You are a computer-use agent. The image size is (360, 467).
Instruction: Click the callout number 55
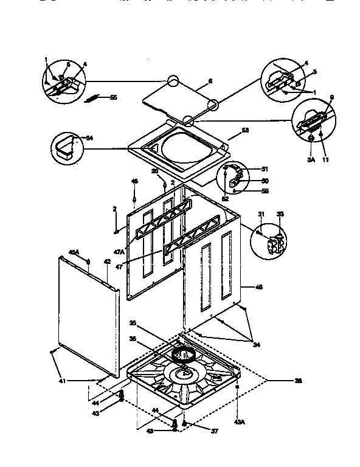pyautogui.click(x=113, y=97)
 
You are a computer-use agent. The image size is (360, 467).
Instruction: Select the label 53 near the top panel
pyautogui.click(x=246, y=130)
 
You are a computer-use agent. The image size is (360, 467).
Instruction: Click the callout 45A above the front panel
pyautogui.click(x=73, y=252)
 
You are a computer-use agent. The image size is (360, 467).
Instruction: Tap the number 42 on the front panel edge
pyautogui.click(x=106, y=262)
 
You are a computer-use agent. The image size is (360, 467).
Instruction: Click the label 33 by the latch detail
pyautogui.click(x=280, y=213)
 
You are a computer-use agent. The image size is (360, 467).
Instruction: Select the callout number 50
pyautogui.click(x=265, y=181)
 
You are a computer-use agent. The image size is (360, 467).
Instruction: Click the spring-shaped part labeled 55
pyautogui.click(x=96, y=97)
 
